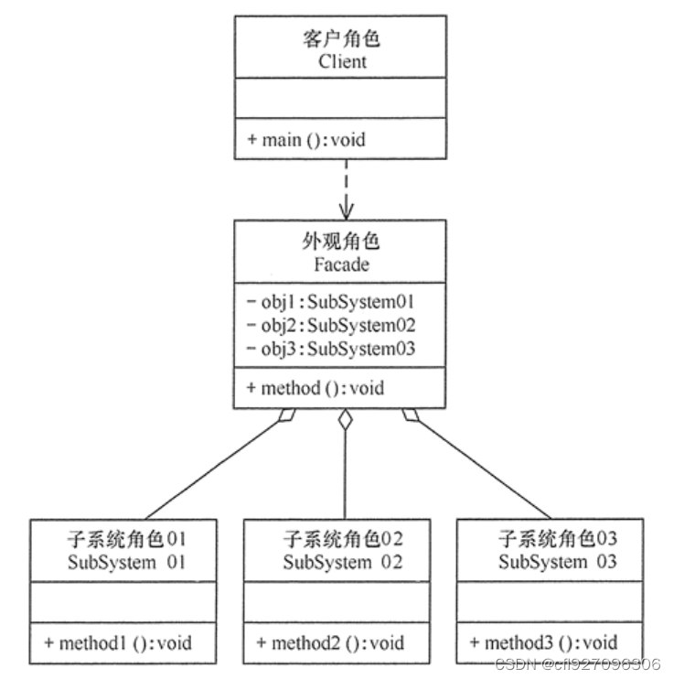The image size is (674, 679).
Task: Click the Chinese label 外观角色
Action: [x=340, y=242]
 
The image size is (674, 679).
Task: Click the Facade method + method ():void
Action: [x=316, y=387]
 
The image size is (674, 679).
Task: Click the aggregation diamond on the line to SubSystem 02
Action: [x=345, y=421]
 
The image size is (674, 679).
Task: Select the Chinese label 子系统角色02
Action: [x=343, y=539]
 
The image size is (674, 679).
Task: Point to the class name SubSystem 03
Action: [x=558, y=562]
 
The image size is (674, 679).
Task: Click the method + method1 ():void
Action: [x=118, y=642]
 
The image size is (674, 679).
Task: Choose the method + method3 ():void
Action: [x=544, y=642]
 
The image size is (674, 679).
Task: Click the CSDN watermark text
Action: [x=575, y=665]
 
